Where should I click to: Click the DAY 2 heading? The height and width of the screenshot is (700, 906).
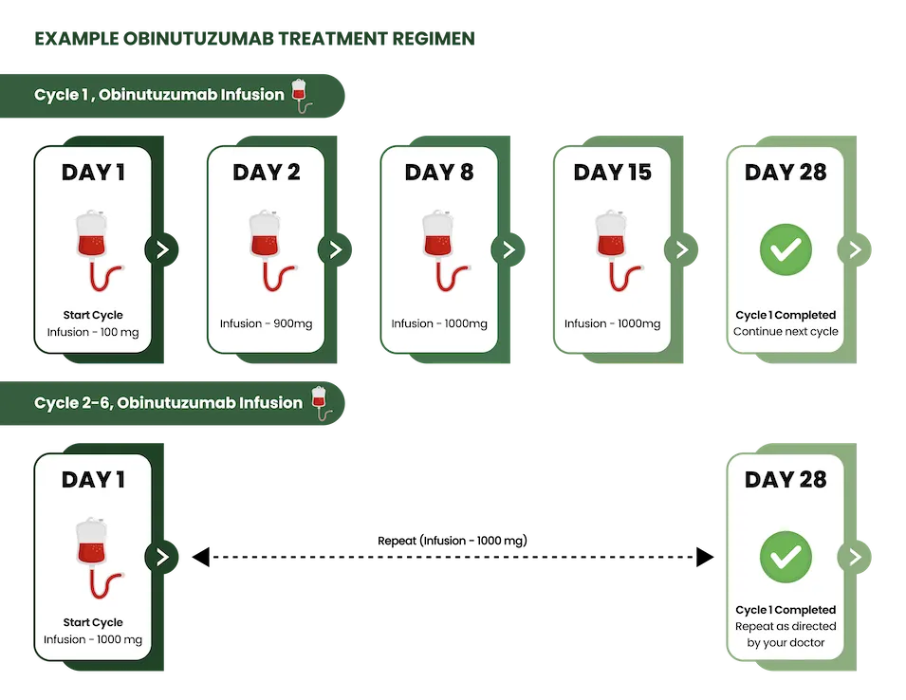pyautogui.click(x=266, y=173)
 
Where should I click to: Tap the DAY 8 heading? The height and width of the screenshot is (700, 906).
pyautogui.click(x=438, y=173)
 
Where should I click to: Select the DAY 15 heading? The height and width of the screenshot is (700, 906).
pyautogui.click(x=612, y=173)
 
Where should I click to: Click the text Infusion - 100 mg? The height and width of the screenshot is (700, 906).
pyautogui.click(x=93, y=332)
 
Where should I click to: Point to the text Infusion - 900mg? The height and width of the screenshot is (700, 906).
pyautogui.click(x=266, y=323)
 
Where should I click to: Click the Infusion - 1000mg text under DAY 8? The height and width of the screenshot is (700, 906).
pyautogui.click(x=439, y=323)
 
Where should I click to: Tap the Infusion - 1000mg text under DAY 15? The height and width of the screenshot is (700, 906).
pyautogui.click(x=612, y=323)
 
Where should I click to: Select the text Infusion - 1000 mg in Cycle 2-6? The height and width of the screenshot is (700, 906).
pyautogui.click(x=93, y=639)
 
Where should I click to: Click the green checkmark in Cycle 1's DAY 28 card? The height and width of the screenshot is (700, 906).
pyautogui.click(x=786, y=249)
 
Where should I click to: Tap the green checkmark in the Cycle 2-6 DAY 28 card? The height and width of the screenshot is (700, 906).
pyautogui.click(x=786, y=557)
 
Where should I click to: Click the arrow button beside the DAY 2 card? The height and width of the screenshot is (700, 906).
pyautogui.click(x=335, y=249)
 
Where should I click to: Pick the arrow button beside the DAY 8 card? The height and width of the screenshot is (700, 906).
pyautogui.click(x=508, y=249)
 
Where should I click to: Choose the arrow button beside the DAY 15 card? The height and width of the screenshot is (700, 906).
pyautogui.click(x=681, y=249)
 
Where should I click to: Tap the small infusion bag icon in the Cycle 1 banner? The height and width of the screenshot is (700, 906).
pyautogui.click(x=301, y=95)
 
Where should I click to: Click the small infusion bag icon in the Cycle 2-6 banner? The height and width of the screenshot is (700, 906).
pyautogui.click(x=321, y=402)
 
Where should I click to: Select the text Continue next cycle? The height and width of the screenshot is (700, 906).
pyautogui.click(x=786, y=332)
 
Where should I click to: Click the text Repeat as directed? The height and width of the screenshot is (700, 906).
pyautogui.click(x=786, y=626)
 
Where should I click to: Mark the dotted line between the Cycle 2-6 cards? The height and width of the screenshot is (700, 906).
pyautogui.click(x=453, y=557)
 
